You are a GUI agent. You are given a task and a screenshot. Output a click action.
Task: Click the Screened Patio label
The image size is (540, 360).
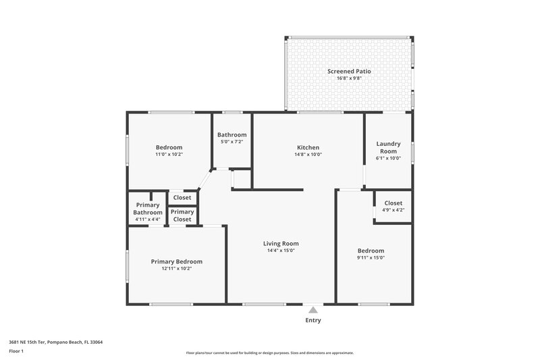click(x=349, y=71)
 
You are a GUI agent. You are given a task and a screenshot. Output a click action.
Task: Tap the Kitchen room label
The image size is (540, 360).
click(x=308, y=147)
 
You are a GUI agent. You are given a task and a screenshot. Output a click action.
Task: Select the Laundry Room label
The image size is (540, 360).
click(x=388, y=147)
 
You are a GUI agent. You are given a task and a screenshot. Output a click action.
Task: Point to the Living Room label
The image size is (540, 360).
click(x=281, y=243)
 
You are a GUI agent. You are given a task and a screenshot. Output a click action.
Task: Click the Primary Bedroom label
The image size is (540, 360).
click(x=176, y=261)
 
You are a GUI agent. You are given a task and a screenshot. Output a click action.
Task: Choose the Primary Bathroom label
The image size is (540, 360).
click(x=148, y=209)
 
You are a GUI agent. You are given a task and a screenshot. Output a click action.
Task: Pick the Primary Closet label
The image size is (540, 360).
click(x=182, y=215)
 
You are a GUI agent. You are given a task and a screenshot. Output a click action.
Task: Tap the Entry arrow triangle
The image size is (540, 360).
click(x=313, y=310)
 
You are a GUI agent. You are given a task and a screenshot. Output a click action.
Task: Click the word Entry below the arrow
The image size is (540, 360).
click(x=313, y=320)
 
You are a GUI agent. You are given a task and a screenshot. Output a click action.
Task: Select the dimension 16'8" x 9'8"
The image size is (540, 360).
click(x=349, y=78)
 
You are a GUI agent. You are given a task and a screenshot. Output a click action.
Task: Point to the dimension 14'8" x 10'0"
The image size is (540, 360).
click(x=308, y=155)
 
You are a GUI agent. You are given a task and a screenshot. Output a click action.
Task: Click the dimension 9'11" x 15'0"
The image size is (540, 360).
click(x=371, y=257)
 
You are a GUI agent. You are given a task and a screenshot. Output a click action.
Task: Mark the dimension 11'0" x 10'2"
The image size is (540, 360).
click(x=169, y=155)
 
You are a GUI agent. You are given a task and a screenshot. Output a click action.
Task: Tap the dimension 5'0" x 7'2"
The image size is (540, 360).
click(x=232, y=142)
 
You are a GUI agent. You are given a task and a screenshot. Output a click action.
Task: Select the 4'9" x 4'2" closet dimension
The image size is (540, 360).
click(x=394, y=210)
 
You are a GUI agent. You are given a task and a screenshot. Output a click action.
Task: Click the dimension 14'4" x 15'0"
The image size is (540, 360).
click(x=281, y=251)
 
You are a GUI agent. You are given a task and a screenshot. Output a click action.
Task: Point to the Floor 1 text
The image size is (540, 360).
click(x=16, y=351)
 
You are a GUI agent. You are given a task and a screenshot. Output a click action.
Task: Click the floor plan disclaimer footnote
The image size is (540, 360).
click(x=269, y=353)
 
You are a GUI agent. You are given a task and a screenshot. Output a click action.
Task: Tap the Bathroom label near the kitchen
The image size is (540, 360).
click(x=232, y=134)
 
